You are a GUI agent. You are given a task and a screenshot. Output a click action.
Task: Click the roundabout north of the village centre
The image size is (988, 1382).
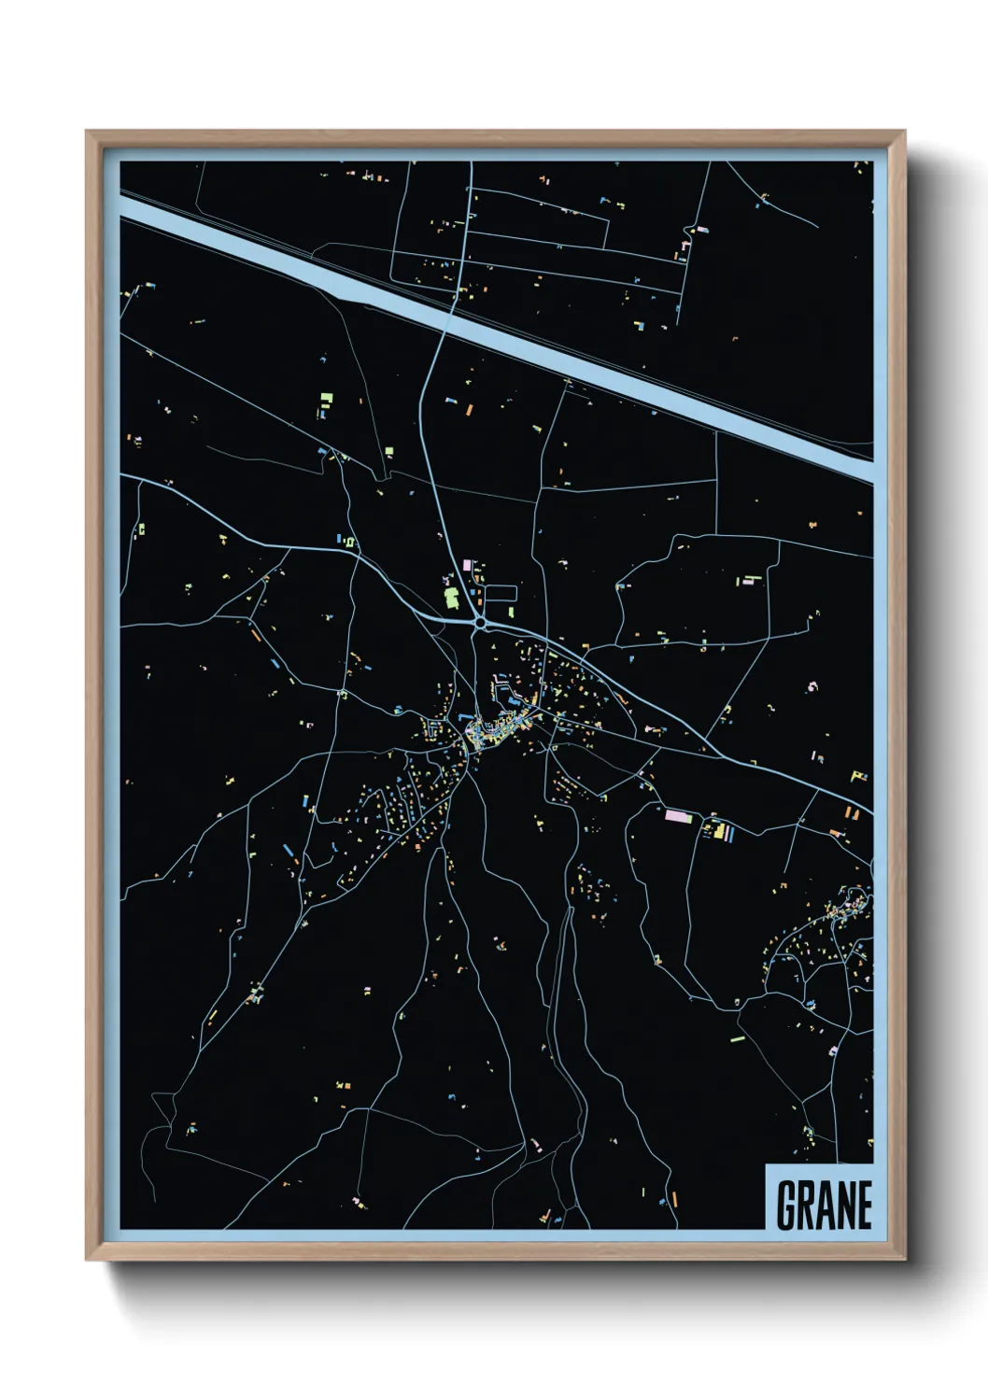pyautogui.click(x=480, y=623)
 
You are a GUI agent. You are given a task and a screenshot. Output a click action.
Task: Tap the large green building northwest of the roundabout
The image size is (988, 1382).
pyautogui.click(x=451, y=597)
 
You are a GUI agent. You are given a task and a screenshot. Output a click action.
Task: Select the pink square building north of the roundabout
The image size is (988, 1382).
pyautogui.click(x=468, y=566)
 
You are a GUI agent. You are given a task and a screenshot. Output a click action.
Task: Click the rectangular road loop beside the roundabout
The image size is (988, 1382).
pyautogui.click(x=501, y=594)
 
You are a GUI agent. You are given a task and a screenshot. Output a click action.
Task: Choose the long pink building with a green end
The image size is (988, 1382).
pyautogui.click(x=680, y=815)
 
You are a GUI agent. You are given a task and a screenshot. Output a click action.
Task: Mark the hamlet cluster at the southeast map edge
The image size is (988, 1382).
pyautogui.click(x=840, y=920)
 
